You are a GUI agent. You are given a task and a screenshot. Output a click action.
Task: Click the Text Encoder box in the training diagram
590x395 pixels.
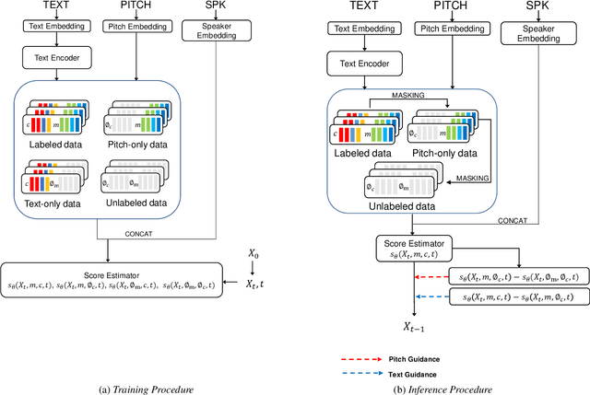pyautogui.click(x=52, y=57)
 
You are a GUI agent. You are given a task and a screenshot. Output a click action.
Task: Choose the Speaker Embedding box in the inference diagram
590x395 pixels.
pyautogui.click(x=531, y=34)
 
